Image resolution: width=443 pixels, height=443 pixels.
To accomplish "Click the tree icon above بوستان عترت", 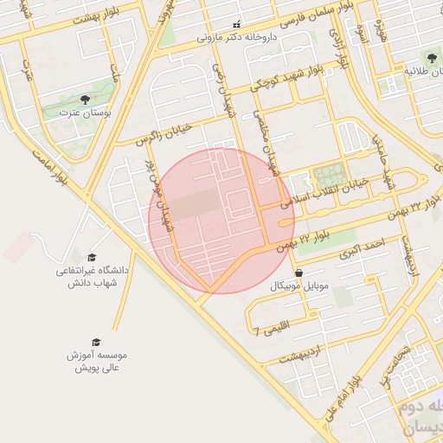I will pyautogui.click(x=84, y=100).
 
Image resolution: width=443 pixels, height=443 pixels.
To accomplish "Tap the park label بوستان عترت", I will pyautogui.click(x=84, y=113).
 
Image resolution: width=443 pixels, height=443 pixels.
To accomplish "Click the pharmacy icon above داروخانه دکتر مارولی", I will pyautogui.click(x=237, y=25).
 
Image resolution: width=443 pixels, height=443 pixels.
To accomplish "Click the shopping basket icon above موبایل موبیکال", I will pyautogui.click(x=299, y=273).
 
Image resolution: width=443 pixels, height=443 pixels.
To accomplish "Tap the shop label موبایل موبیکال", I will pyautogui.click(x=299, y=286).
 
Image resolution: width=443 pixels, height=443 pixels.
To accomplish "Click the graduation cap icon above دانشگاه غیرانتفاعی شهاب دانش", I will pyautogui.click(x=93, y=257).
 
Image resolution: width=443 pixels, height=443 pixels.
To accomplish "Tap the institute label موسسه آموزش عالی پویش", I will pyautogui.click(x=96, y=362).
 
